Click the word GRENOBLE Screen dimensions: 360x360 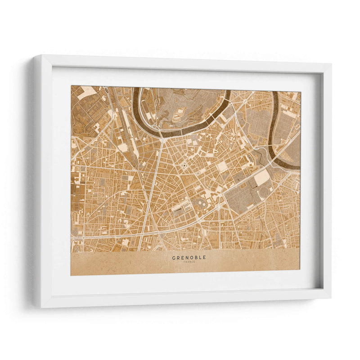pyautogui.click(x=189, y=258)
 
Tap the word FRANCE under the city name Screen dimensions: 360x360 pyautogui.click(x=189, y=262)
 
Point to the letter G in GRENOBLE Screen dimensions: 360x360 pyautogui.click(x=174, y=258)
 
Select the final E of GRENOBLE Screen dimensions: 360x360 pyautogui.click(x=205, y=258)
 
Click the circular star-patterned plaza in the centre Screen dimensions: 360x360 pyautogui.click(x=184, y=166)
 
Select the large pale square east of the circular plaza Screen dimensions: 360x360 pyautogui.click(x=222, y=166)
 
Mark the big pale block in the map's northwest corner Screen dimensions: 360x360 pyautogui.click(x=88, y=92)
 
